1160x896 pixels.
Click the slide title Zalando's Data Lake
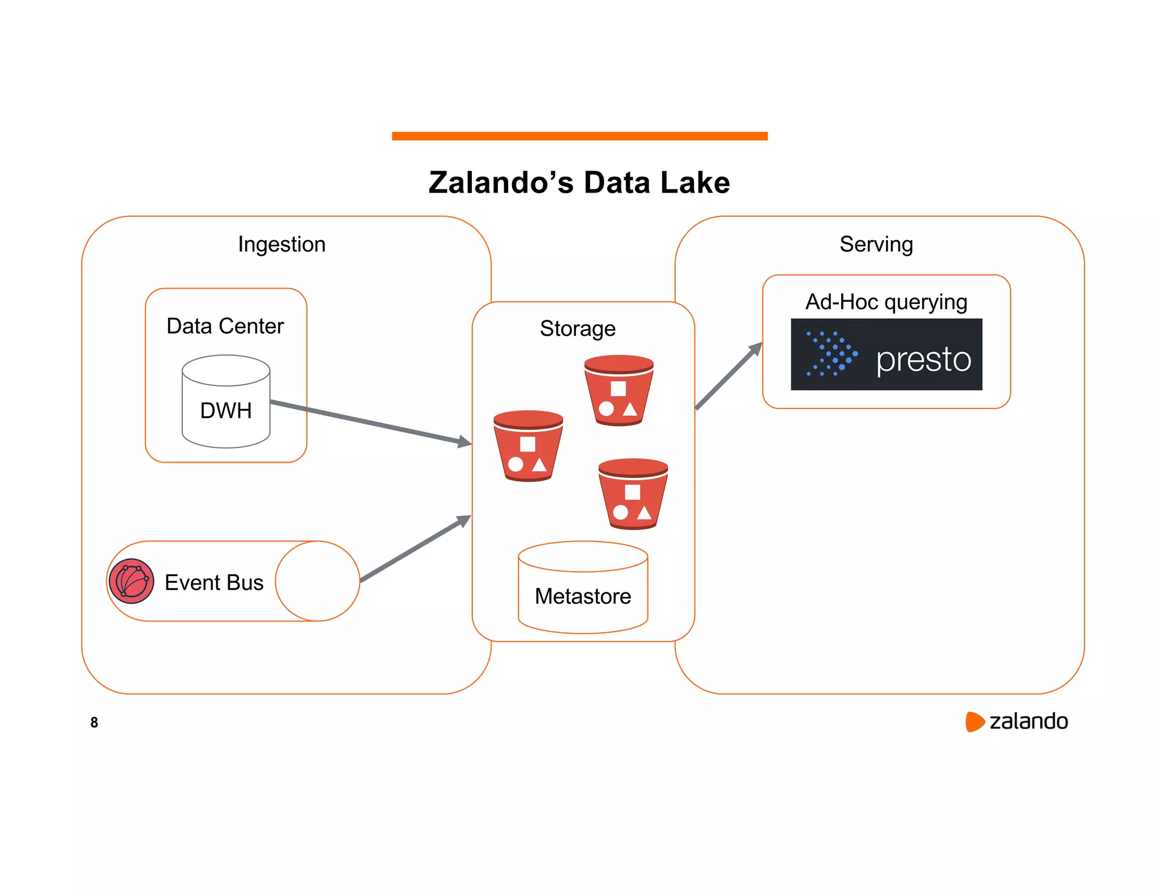579,182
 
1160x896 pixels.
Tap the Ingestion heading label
282,244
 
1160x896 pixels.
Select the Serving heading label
876,244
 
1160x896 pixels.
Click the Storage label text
577,328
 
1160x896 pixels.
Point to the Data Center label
225,326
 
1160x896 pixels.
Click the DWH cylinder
225,402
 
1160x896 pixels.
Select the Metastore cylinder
583,589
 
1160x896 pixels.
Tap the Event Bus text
214,582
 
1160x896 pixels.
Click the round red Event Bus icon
131,581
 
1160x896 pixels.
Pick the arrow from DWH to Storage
371,422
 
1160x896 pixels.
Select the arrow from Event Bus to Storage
416,548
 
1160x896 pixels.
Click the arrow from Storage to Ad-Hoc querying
729,376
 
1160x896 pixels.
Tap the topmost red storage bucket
619,391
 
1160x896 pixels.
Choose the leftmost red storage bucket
528,446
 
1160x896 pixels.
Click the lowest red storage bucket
633,494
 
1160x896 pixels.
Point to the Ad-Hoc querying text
886,302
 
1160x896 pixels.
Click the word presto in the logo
923,360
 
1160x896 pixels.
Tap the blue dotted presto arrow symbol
831,354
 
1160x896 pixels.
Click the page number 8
94,722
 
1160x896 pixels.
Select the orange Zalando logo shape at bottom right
974,722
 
